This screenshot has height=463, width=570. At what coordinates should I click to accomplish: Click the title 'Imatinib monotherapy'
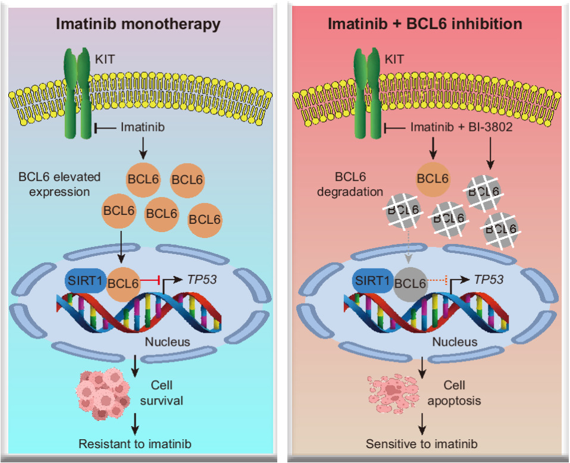(x=138, y=24)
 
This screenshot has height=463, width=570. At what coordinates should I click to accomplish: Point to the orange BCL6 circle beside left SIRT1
(x=123, y=284)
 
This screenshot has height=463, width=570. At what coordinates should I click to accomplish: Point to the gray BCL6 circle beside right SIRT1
(x=411, y=284)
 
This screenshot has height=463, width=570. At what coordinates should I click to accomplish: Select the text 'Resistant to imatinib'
(x=135, y=443)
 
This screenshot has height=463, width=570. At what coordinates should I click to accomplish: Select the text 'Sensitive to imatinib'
(x=422, y=444)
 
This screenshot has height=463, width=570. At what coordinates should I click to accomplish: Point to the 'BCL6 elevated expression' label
(x=59, y=184)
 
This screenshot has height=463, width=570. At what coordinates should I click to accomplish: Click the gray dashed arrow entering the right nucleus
(x=408, y=247)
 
